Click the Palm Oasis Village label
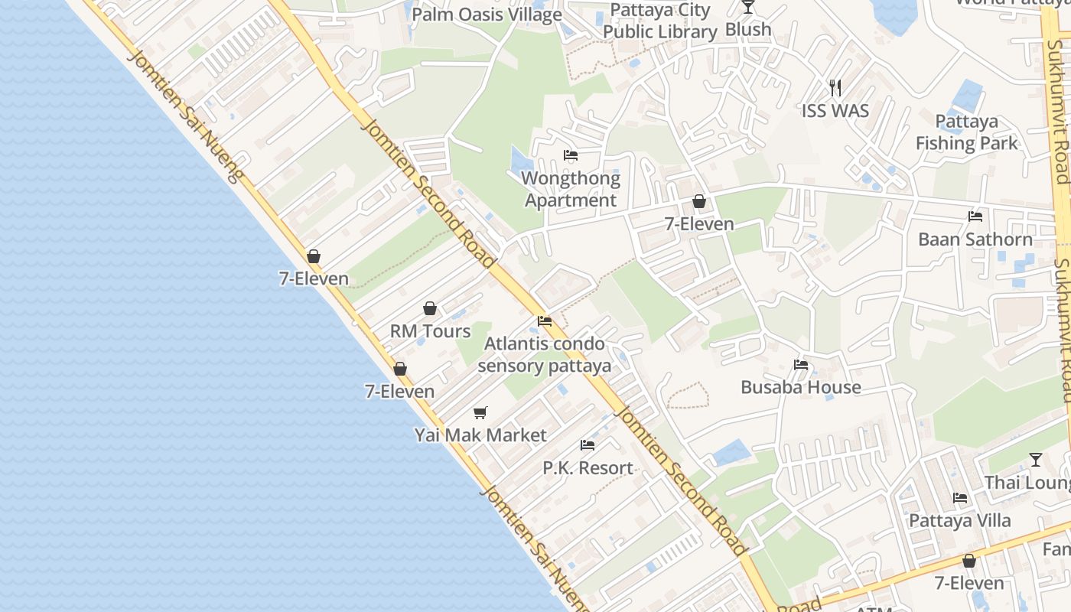487,15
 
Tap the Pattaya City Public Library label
659,21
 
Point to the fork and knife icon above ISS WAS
835,88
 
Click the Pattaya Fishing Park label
967,132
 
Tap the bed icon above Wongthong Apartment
571,155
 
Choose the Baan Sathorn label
975,239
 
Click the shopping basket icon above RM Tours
430,308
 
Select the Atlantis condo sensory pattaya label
545,354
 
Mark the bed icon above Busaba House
801,365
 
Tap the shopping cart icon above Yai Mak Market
480,413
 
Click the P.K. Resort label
588,467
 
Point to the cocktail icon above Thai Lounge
1035,460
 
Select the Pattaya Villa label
959,521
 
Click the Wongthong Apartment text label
571,189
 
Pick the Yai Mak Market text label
480,435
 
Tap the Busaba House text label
801,387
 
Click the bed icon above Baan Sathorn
975,216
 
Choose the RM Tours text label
430,331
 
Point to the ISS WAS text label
835,111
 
